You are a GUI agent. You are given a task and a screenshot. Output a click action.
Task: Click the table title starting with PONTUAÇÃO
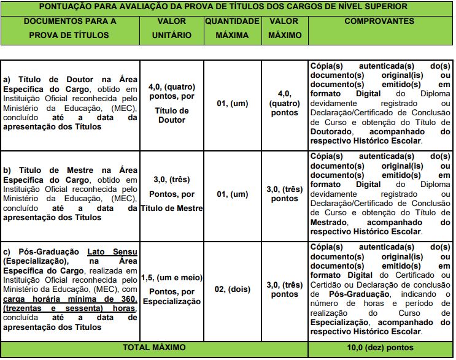[228, 7]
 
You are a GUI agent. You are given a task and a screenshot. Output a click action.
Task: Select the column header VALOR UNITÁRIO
[171, 28]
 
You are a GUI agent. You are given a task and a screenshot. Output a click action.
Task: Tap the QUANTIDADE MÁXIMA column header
[232, 28]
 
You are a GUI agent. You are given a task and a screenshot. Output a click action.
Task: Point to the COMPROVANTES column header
[379, 21]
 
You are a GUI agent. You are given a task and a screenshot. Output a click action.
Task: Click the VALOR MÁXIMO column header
[284, 28]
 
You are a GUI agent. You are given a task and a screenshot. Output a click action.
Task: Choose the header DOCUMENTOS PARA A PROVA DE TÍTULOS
[69, 28]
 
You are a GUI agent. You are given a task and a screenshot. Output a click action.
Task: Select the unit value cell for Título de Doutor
[171, 104]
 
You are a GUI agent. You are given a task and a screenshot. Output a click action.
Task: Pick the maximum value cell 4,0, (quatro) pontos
[284, 104]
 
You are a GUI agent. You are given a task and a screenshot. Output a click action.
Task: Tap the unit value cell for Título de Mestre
[171, 194]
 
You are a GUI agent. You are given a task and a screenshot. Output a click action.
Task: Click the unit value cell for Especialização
[171, 289]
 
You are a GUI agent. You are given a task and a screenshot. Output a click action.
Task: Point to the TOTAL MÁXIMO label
[154, 348]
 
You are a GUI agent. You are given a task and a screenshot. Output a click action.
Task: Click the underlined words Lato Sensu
[112, 251]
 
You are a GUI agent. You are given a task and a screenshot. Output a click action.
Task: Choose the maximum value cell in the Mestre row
[284, 194]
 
